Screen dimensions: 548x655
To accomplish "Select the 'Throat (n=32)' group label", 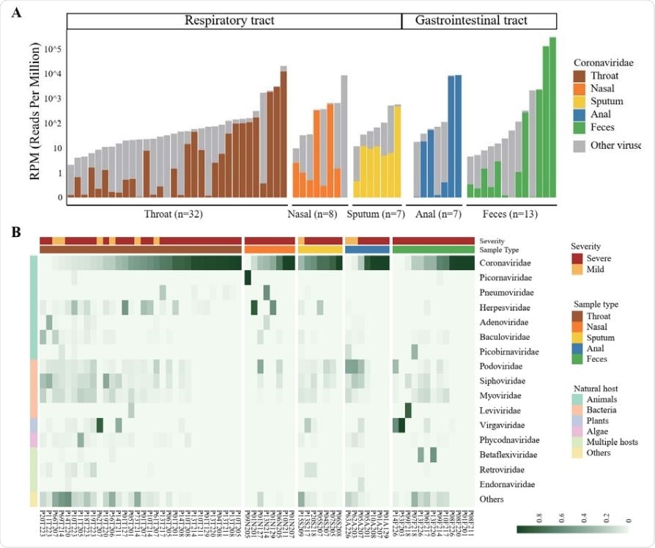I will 174,215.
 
